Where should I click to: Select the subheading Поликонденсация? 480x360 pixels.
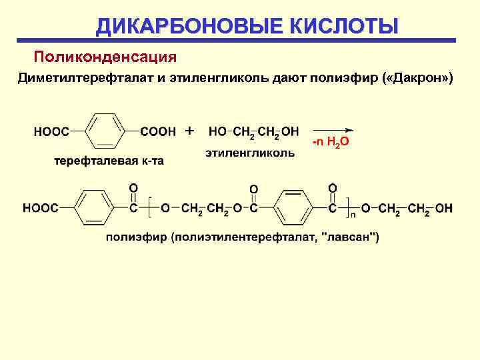point(105,53)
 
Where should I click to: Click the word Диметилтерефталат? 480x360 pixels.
point(87,79)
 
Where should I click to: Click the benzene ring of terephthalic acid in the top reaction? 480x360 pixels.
point(105,131)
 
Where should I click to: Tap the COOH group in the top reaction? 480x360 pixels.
point(158,132)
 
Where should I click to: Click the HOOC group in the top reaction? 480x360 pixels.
point(52,132)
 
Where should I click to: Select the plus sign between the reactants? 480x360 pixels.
point(190,129)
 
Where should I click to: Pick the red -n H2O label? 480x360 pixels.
point(331,143)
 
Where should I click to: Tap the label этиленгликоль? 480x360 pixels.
point(250,153)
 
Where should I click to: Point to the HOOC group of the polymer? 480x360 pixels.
point(41,209)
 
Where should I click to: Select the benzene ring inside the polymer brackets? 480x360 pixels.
point(293,208)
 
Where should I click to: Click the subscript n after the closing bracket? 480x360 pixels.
point(353,215)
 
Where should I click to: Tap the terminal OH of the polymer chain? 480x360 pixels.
point(444,209)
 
